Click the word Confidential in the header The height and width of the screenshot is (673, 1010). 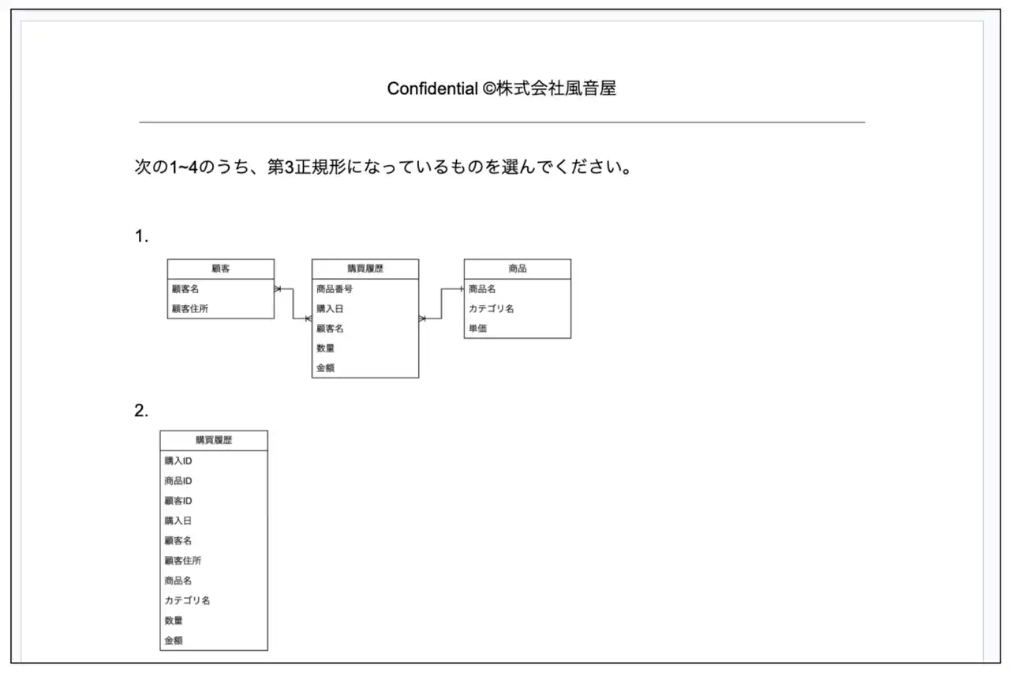(x=432, y=88)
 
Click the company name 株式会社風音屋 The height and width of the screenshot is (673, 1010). (x=556, y=88)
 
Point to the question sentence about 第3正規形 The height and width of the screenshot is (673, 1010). (x=383, y=167)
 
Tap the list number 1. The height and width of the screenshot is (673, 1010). (x=141, y=236)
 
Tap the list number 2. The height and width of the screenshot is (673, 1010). (x=141, y=411)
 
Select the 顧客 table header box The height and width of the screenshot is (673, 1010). (x=220, y=269)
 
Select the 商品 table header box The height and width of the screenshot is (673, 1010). (x=517, y=269)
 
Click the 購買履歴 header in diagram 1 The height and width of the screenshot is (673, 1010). (x=365, y=269)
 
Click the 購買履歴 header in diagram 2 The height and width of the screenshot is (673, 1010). (x=214, y=441)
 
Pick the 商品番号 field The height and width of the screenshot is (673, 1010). (x=334, y=289)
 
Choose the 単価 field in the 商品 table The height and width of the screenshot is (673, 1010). (x=477, y=329)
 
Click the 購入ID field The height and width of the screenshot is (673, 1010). (x=178, y=461)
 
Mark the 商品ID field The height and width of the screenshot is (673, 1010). (x=178, y=481)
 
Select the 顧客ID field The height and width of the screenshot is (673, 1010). (x=178, y=501)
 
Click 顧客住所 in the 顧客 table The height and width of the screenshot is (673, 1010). (x=190, y=309)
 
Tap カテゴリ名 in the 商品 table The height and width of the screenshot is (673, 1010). (x=491, y=309)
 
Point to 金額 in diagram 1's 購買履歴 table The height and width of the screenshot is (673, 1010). (x=325, y=368)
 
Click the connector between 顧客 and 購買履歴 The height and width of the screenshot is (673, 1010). (x=293, y=304)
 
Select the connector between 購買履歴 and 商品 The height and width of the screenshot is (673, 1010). (x=441, y=304)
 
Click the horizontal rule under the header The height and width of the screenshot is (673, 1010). (x=502, y=122)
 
